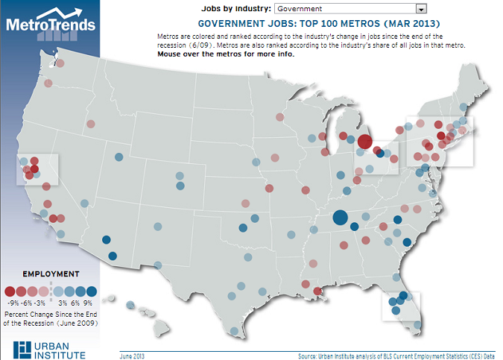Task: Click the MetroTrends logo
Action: (x=51, y=22)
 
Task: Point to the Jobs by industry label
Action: (x=235, y=8)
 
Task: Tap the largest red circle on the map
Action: (x=365, y=142)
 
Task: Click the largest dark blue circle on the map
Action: (x=340, y=218)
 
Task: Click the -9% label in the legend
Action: (x=13, y=303)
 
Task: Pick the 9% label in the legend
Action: (x=87, y=303)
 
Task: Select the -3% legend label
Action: (x=40, y=303)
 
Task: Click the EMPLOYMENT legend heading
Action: (x=51, y=274)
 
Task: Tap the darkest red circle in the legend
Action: (x=11, y=291)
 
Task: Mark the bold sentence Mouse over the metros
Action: (x=227, y=54)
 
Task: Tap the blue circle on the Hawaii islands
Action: (x=130, y=304)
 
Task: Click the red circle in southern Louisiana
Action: (x=317, y=291)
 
